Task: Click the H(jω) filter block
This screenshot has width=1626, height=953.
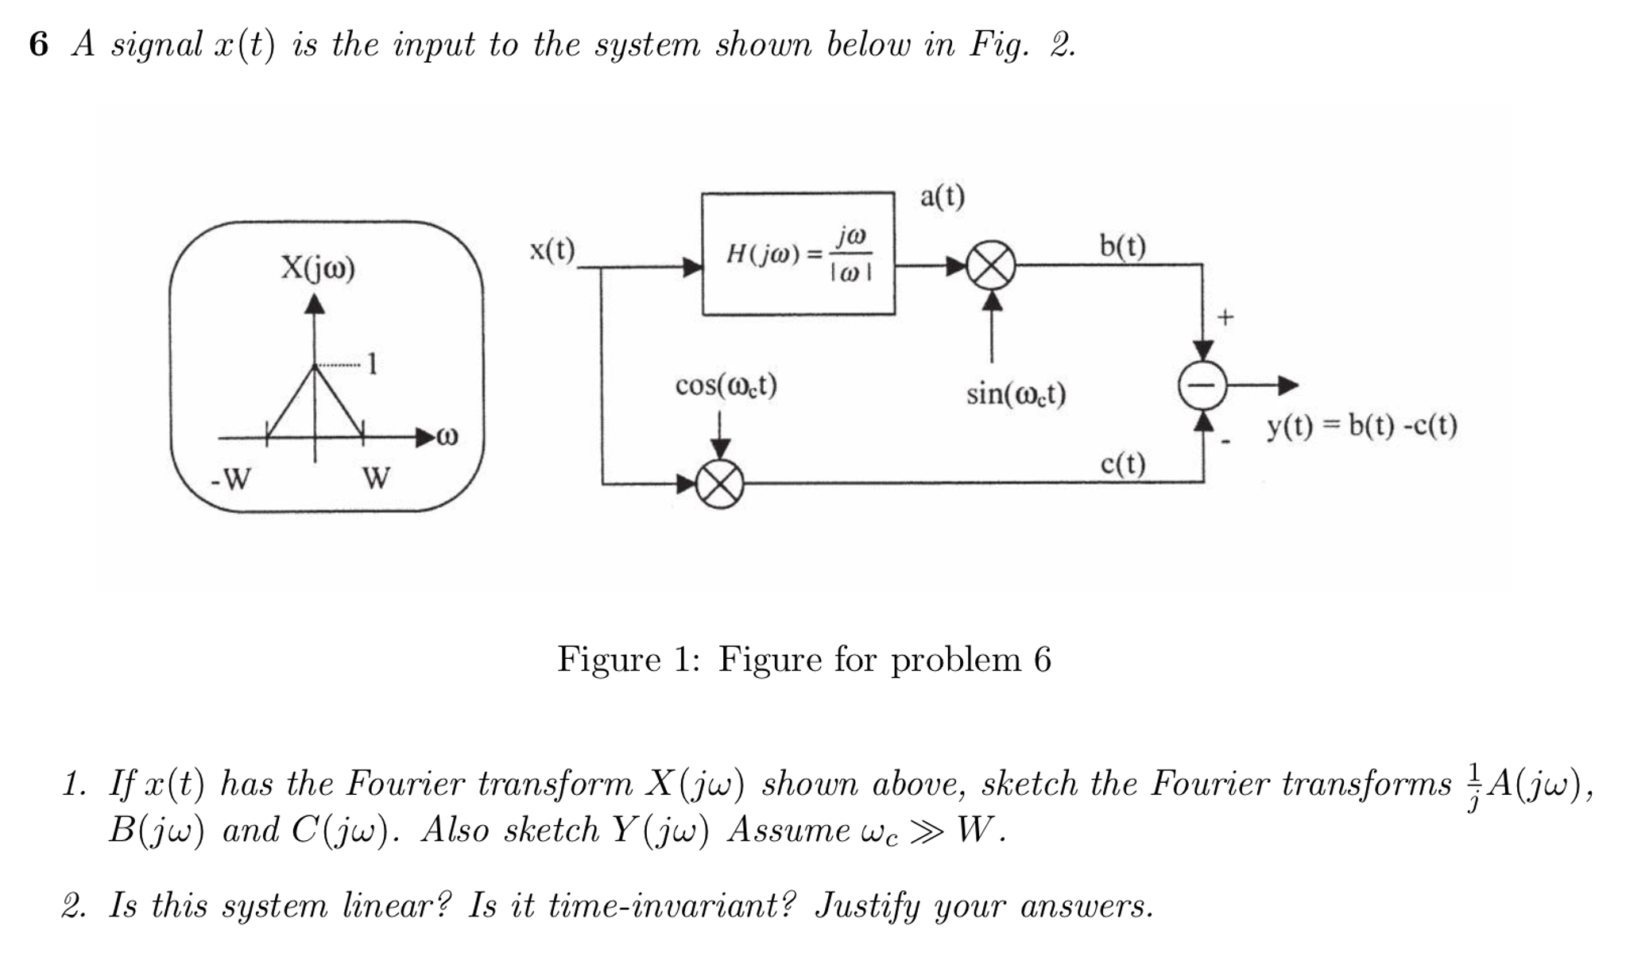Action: click(797, 253)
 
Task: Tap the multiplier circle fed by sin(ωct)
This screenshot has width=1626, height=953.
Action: click(991, 267)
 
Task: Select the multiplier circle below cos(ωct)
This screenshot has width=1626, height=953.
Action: click(720, 483)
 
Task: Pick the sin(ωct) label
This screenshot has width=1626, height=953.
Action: click(1016, 393)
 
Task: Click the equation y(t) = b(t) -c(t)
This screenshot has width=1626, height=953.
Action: click(1361, 427)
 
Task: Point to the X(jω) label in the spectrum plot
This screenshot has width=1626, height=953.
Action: click(317, 268)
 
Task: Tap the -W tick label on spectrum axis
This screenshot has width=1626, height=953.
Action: click(230, 478)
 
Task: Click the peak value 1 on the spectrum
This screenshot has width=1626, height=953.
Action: click(372, 364)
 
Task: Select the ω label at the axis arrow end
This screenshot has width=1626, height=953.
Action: click(449, 436)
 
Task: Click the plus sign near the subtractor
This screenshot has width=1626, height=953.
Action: click(1225, 318)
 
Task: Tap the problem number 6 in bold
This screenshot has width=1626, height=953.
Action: click(38, 45)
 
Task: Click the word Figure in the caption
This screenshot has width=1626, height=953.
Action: click(609, 659)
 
